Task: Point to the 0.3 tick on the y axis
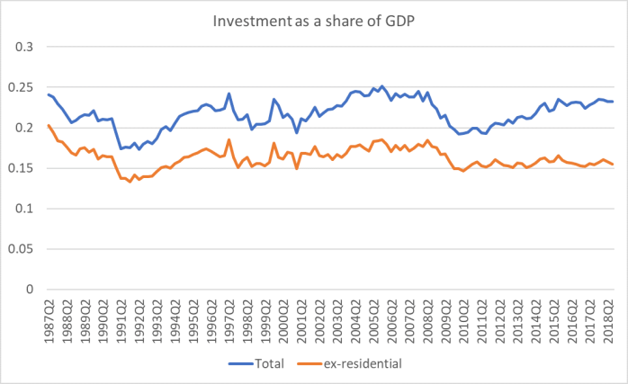pyautogui.click(x=26, y=47)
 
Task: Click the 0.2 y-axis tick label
pyautogui.click(x=26, y=128)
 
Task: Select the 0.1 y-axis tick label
pyautogui.click(x=26, y=209)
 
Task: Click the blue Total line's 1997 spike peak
pyautogui.click(x=229, y=94)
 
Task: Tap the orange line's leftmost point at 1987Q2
pyautogui.click(x=48, y=126)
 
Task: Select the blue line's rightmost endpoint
pyautogui.click(x=614, y=102)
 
